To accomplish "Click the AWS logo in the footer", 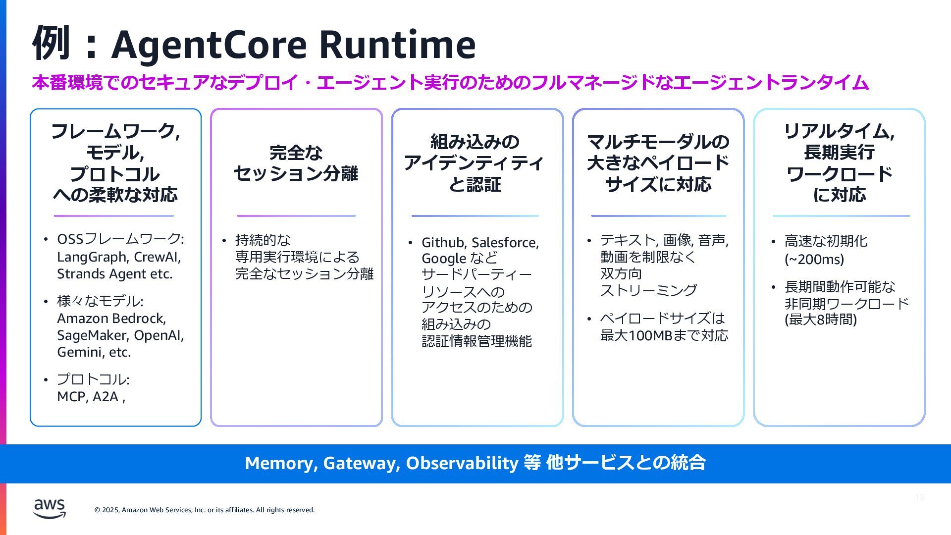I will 50,508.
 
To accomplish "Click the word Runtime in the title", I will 397,45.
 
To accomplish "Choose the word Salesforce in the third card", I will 505,242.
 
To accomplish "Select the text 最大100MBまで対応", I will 664,335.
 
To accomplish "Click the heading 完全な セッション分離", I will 296,163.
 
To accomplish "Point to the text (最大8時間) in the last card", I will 821,320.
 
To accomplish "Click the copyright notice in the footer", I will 205,510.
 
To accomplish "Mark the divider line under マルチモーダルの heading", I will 658,216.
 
